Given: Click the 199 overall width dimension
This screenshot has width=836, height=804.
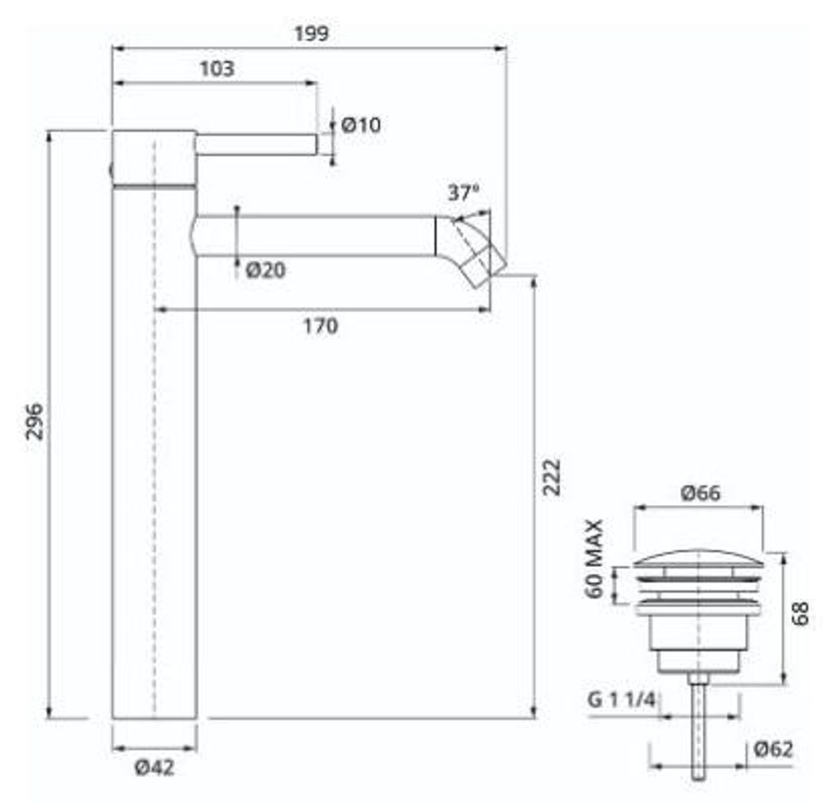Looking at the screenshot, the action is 312,34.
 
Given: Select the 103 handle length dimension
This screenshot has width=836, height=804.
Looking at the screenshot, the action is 217,69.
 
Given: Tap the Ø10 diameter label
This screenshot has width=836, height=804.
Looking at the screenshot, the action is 361,125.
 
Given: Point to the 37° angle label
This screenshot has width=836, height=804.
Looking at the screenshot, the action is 464,193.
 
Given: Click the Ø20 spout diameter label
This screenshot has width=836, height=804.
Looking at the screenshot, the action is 265,270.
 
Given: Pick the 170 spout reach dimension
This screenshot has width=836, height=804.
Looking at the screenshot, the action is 320,326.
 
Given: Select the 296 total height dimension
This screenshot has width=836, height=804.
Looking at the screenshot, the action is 35,422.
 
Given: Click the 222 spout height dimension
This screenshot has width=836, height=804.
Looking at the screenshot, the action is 552,477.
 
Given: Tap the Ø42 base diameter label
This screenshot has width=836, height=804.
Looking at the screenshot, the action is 154,768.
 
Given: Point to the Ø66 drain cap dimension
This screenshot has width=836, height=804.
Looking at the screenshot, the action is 700,494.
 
